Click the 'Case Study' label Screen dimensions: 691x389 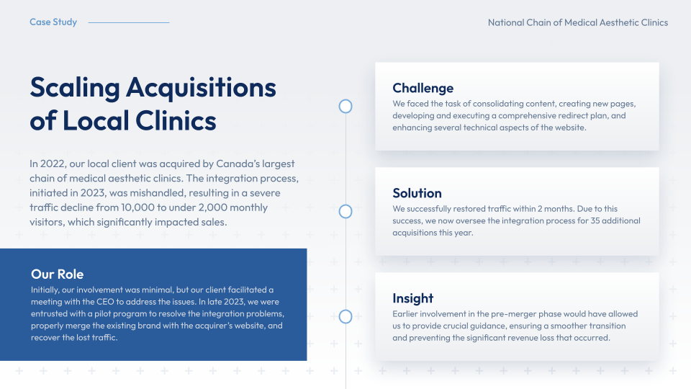tap(53, 22)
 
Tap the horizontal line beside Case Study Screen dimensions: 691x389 tap(129, 22)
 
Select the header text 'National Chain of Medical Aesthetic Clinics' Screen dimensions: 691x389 tap(578, 22)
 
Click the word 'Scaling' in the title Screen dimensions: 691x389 tap(75, 88)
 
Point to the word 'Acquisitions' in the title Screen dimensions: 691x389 tap(201, 88)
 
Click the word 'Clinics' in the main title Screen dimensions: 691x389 tap(176, 120)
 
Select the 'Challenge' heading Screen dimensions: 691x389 tap(423, 88)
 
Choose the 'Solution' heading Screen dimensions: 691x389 tap(417, 193)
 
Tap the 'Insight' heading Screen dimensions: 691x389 tap(413, 298)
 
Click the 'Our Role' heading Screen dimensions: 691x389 tap(58, 274)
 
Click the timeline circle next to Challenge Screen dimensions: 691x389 tap(345, 107)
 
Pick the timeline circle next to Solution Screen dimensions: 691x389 tap(345, 212)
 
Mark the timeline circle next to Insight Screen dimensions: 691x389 tap(345, 317)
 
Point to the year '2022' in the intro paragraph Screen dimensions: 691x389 tap(53, 164)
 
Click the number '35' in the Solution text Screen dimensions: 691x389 tap(595, 220)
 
